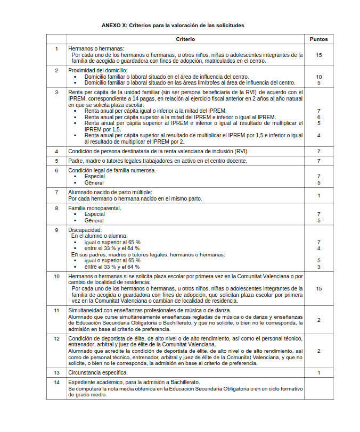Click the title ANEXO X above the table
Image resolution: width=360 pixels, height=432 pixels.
[173, 25]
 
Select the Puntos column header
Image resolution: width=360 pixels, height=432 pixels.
[318, 39]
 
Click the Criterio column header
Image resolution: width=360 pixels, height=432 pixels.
[185, 39]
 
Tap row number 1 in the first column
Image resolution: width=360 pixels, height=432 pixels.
[56, 49]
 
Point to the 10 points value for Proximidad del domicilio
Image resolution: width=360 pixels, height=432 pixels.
[318, 77]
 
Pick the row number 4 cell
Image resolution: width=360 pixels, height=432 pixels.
[56, 151]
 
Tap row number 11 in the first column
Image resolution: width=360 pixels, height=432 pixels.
[56, 310]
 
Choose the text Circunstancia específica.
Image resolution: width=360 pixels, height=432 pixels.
[97, 372]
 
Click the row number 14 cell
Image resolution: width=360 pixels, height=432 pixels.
[56, 382]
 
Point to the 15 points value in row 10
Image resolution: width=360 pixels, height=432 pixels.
[318, 288]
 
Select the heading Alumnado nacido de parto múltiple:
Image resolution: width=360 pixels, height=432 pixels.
[110, 192]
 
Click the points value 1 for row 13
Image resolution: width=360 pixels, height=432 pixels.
[318, 372]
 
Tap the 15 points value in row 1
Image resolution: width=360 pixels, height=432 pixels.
[318, 55]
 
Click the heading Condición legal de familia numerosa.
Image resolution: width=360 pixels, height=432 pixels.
[112, 170]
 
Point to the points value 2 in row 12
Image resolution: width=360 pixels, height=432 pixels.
[318, 351]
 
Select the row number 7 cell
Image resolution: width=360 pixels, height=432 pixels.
[56, 192]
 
